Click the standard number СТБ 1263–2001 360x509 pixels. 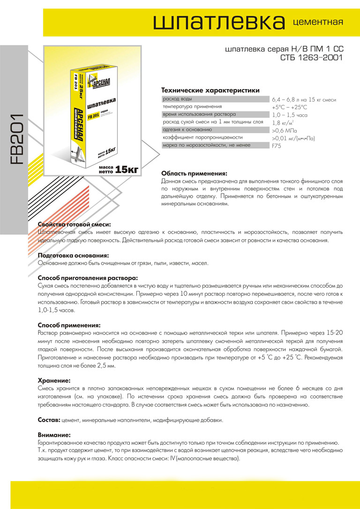coord(312,58)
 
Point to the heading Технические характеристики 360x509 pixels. coord(210,90)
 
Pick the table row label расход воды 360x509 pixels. coord(177,99)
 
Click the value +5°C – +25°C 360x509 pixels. coord(289,107)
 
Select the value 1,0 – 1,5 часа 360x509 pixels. coord(289,115)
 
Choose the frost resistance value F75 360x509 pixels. coord(277,146)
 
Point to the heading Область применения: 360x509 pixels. coord(194,173)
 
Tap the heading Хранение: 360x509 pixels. coord(54,381)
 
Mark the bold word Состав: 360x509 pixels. coord(48,420)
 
